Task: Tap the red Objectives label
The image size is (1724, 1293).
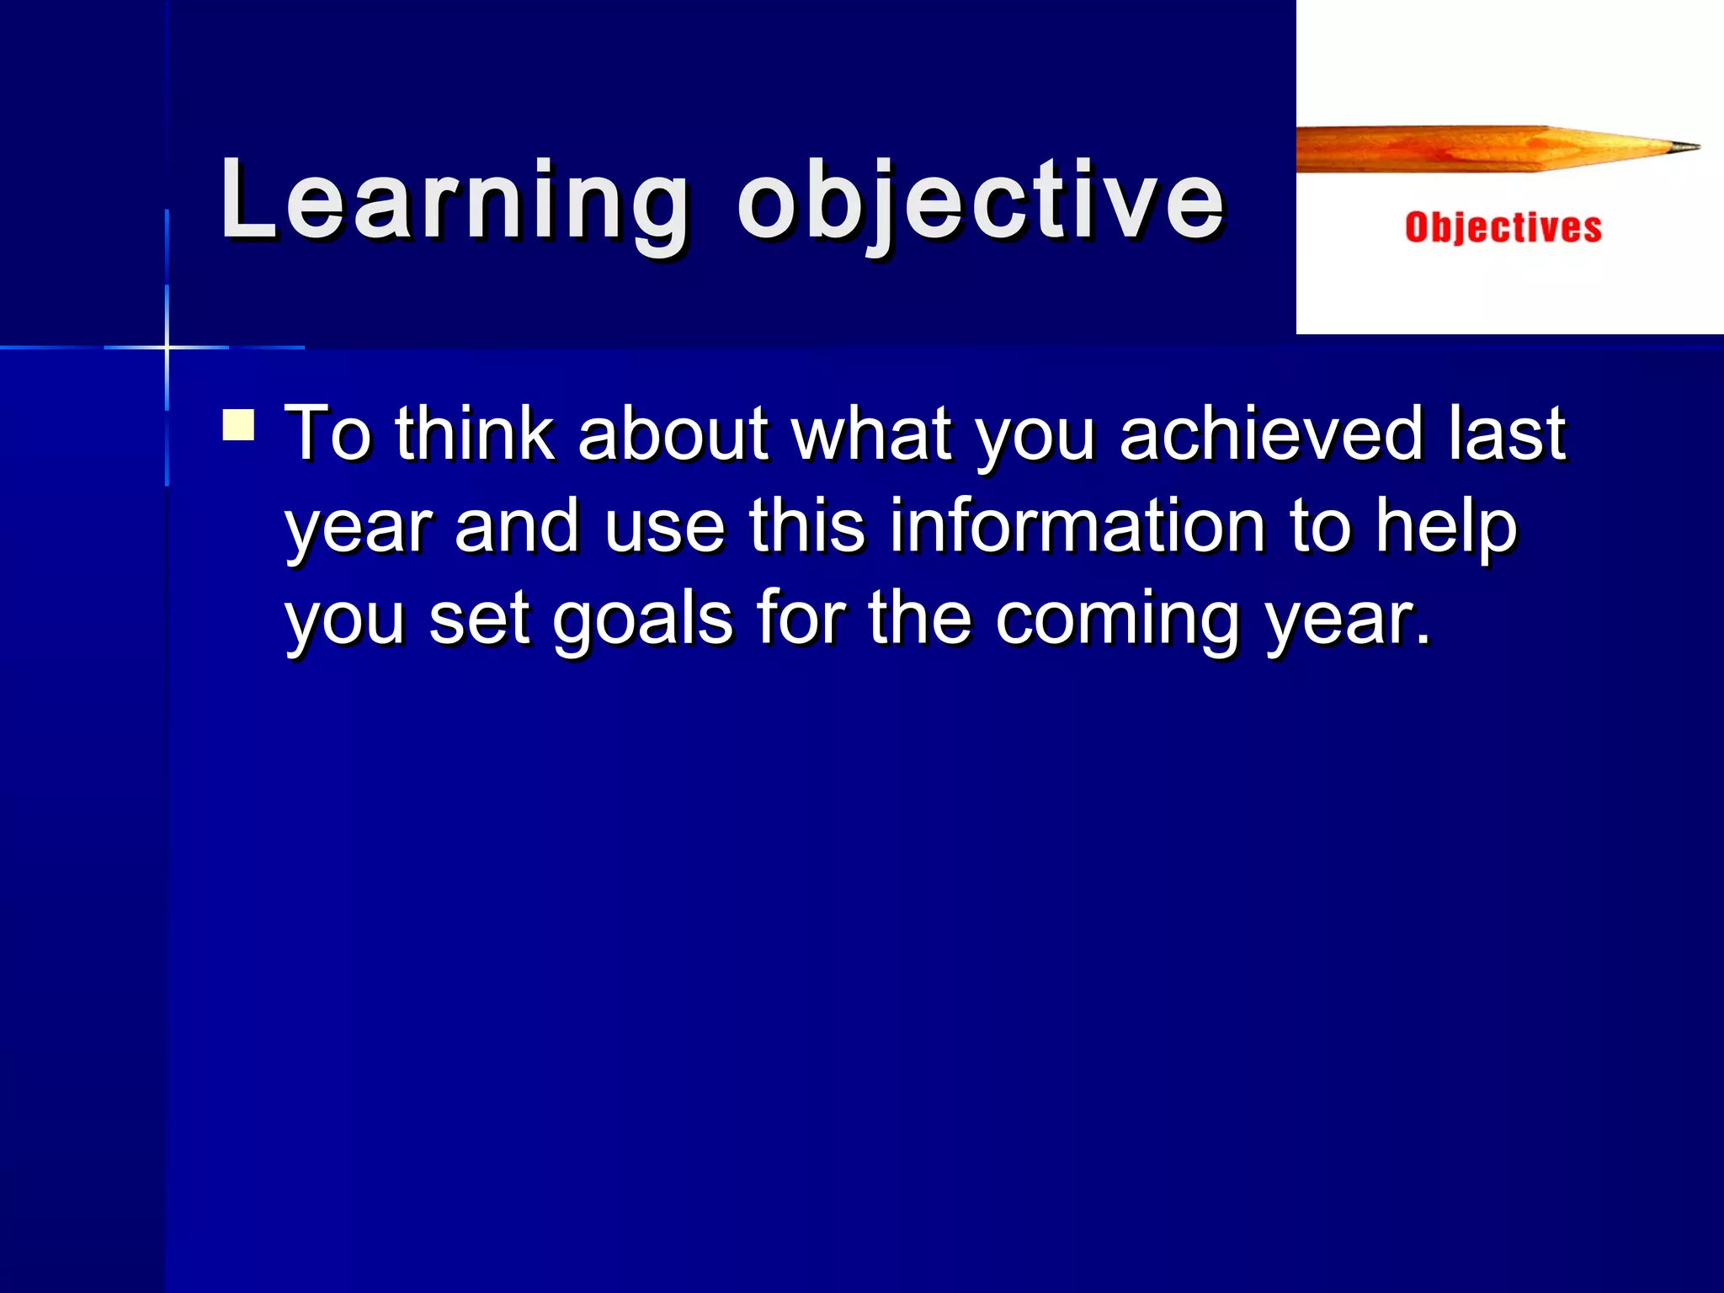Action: (1503, 228)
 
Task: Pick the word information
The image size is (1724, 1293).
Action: (1077, 526)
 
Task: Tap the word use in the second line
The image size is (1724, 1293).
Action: (665, 526)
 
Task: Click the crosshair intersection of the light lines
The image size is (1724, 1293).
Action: (167, 347)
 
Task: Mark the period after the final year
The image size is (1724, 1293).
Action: (1422, 640)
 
